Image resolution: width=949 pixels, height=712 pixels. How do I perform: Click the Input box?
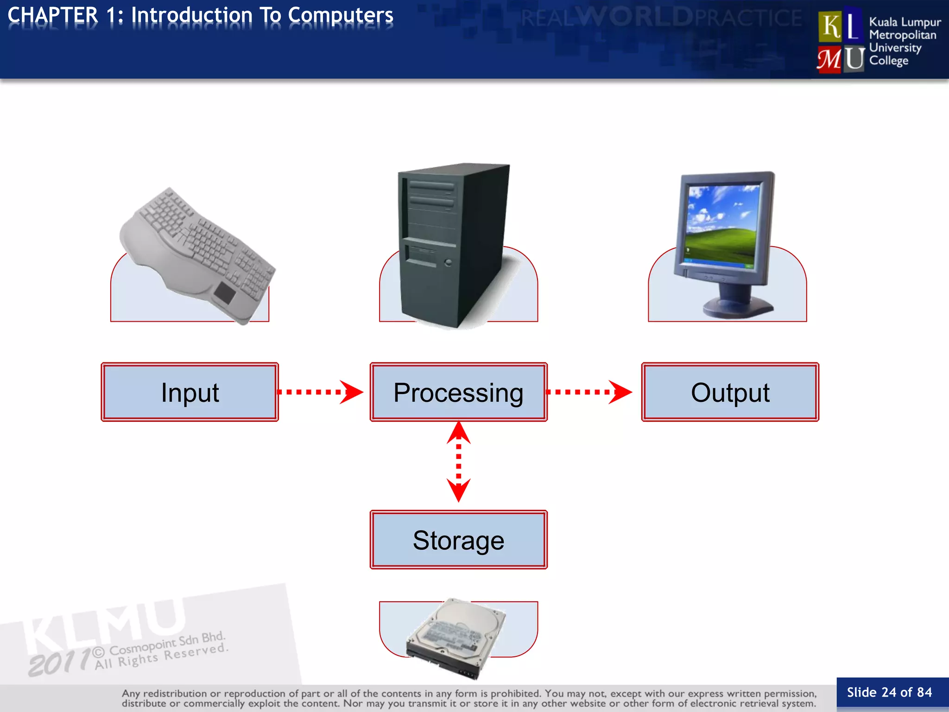tap(190, 392)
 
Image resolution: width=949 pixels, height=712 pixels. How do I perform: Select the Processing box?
tap(458, 392)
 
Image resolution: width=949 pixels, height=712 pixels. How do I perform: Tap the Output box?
tap(730, 392)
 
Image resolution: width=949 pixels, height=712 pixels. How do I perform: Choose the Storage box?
tap(458, 540)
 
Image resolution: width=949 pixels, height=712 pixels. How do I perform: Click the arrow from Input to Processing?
tap(320, 392)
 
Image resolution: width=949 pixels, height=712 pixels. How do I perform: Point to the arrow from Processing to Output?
tap(588, 392)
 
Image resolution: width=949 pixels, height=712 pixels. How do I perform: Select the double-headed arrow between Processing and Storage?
tap(458, 462)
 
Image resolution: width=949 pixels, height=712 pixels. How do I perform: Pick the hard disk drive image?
tap(456, 637)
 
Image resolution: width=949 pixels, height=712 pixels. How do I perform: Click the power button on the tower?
tap(448, 263)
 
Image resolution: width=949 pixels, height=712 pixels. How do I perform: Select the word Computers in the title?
tap(340, 15)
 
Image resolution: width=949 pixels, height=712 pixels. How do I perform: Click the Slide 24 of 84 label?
tap(889, 692)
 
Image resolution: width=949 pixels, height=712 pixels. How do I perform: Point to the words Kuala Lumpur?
tap(905, 22)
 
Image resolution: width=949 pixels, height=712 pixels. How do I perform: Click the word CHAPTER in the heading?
tap(53, 15)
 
